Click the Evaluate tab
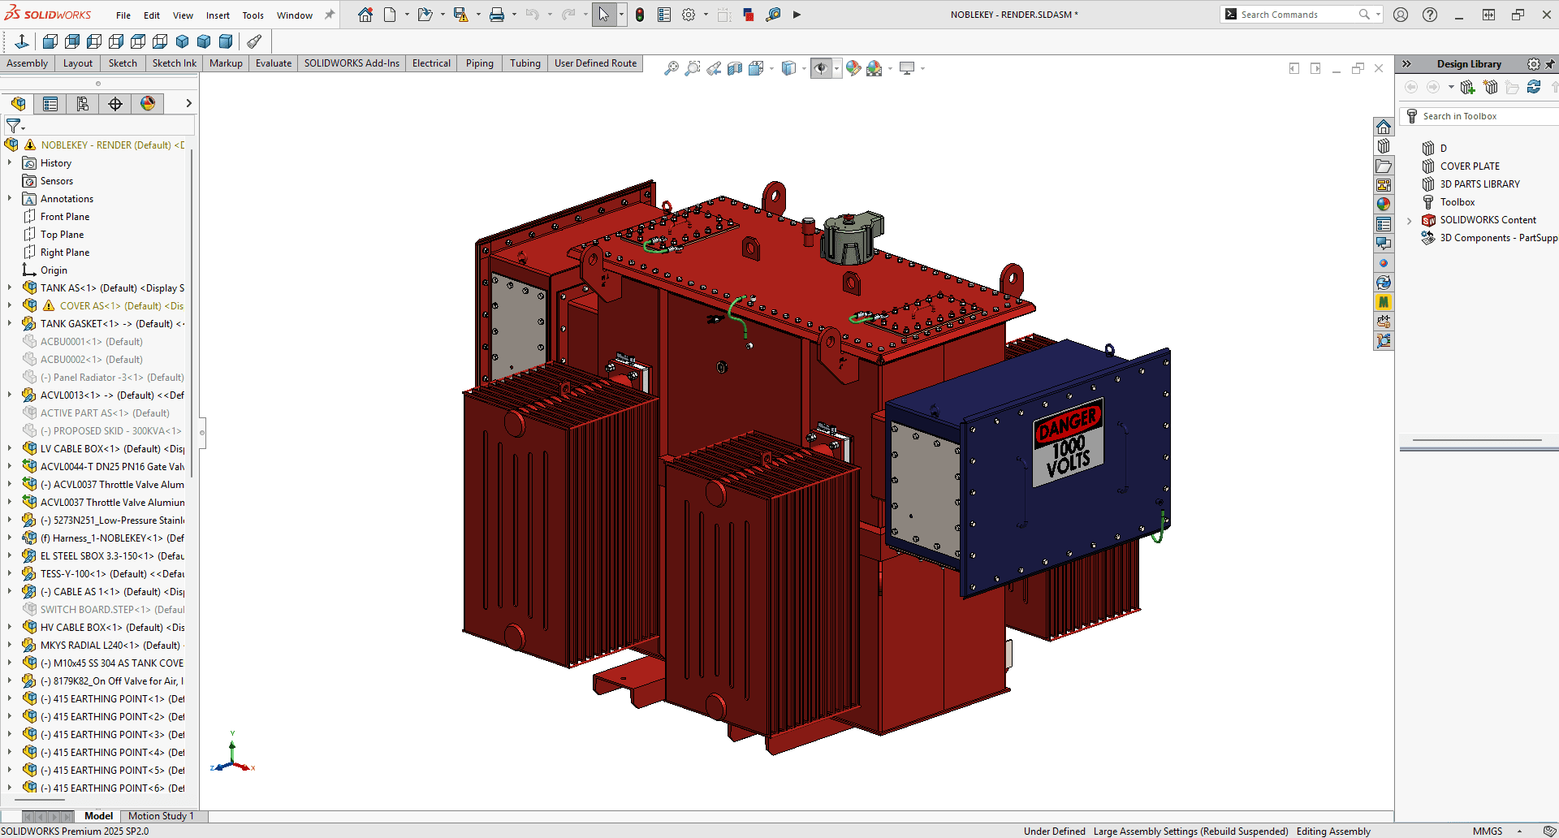(274, 63)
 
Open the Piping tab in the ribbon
(479, 63)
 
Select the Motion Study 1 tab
(161, 816)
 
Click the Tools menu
(253, 15)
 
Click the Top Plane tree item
(62, 235)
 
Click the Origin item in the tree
(54, 270)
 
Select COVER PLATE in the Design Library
(1470, 166)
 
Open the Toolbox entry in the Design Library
(1458, 202)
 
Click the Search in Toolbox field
(1478, 116)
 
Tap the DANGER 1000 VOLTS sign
(1068, 443)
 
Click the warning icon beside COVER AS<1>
(49, 306)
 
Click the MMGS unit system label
(1487, 831)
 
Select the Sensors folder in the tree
(56, 181)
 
